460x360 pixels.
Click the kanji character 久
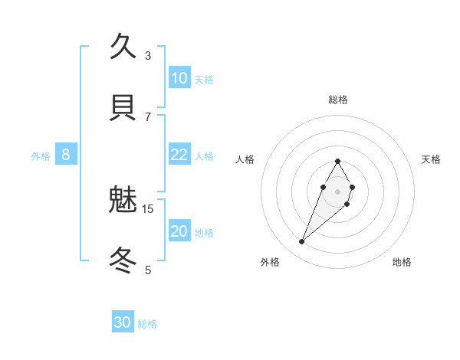pos(123,47)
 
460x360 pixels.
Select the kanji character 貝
pos(123,107)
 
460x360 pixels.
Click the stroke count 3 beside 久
pos(148,55)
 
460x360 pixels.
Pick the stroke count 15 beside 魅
pos(148,208)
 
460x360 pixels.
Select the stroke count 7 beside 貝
pos(148,116)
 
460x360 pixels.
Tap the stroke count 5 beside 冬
pos(148,270)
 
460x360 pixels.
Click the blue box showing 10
pos(179,77)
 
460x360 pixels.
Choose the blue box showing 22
pos(179,155)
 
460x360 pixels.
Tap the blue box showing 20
pos(179,231)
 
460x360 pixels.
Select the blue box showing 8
pos(66,155)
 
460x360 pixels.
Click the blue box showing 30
pos(122,322)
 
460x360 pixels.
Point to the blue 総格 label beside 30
pos(147,324)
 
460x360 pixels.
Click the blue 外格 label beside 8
pos(41,156)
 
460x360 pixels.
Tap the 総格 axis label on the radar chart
pos(337,100)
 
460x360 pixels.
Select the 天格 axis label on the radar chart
pos(431,159)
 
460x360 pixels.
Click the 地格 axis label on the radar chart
pos(402,262)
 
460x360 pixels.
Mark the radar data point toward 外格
pos(302,242)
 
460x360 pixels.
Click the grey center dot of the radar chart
pos(337,191)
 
